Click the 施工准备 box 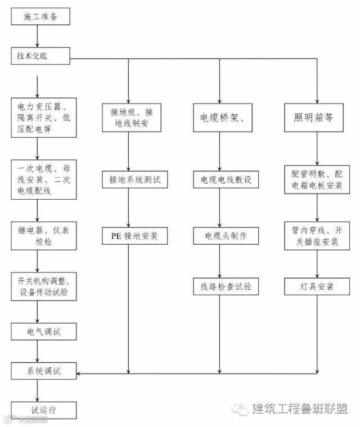pos(40,17)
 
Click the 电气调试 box pos(43,331)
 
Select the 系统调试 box pos(43,371)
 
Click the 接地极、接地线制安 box pos(129,118)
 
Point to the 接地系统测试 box pos(134,179)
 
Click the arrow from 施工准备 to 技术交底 pos(38,37)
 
